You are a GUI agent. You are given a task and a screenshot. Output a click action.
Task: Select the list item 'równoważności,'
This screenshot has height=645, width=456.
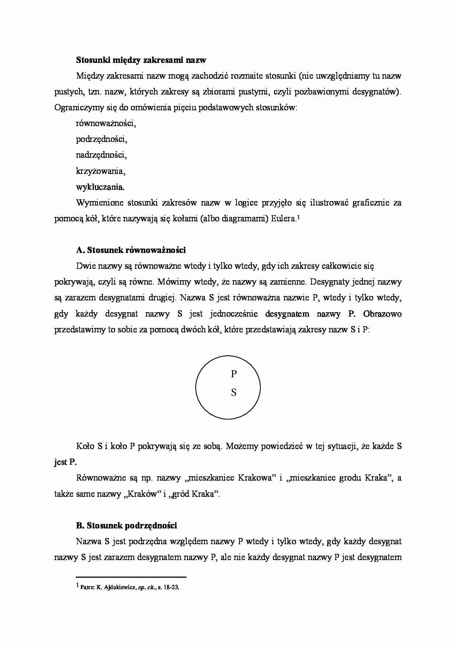(x=106, y=124)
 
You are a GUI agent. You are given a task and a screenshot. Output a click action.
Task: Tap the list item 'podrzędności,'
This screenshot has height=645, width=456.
(x=101, y=139)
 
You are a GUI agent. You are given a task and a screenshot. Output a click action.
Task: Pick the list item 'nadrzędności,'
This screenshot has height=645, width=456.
(x=101, y=155)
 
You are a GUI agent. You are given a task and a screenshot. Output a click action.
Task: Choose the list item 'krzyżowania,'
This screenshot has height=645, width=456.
(x=101, y=171)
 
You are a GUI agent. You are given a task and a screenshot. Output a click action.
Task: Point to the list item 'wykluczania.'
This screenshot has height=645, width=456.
(x=100, y=187)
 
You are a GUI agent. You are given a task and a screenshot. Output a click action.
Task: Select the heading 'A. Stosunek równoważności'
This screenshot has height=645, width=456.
(x=131, y=250)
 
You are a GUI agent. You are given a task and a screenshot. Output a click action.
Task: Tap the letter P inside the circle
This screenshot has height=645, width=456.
(x=234, y=374)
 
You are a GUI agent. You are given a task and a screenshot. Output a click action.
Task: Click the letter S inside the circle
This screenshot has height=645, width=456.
(x=234, y=393)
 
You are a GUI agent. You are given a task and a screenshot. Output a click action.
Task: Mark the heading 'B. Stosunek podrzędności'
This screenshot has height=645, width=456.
(x=127, y=526)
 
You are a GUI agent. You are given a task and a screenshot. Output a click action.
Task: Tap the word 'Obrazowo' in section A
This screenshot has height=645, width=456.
(x=382, y=314)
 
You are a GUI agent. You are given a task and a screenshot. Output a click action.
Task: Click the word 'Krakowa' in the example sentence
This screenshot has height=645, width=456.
(x=257, y=478)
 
